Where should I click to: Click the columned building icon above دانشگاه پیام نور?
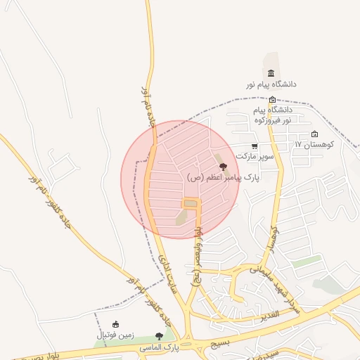(271, 74)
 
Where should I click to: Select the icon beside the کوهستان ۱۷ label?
(314, 134)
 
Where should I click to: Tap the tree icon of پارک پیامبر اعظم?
(224, 167)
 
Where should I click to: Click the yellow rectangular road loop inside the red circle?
(191, 204)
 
